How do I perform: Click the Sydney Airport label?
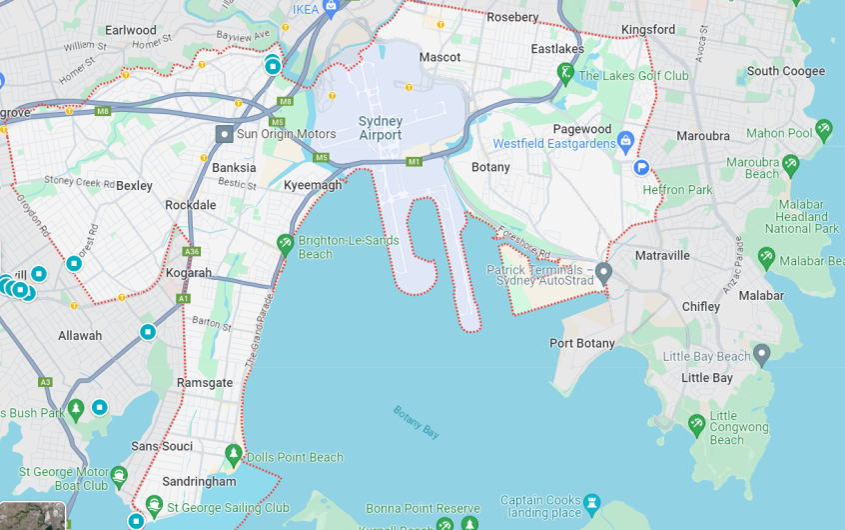click(x=380, y=128)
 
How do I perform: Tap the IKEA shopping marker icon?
click(x=332, y=5)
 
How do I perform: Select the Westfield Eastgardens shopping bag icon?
click(x=626, y=140)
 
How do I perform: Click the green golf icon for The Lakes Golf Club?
click(x=565, y=73)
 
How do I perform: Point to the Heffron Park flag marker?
click(x=641, y=168)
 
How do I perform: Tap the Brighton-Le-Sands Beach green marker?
click(x=286, y=243)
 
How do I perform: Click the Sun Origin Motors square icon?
click(x=225, y=133)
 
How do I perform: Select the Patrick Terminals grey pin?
click(x=603, y=272)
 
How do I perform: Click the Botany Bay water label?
click(x=417, y=422)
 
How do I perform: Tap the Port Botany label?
click(x=582, y=343)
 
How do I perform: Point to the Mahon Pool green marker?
click(x=824, y=129)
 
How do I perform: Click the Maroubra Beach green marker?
click(x=791, y=163)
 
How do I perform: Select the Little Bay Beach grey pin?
click(x=762, y=354)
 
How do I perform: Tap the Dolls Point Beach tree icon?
click(x=234, y=455)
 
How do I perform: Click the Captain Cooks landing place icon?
click(x=592, y=501)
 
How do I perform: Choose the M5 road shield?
click(x=321, y=157)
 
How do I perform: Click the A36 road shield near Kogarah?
click(x=192, y=251)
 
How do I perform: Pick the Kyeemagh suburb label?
click(x=313, y=185)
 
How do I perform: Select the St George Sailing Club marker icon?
click(x=154, y=505)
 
